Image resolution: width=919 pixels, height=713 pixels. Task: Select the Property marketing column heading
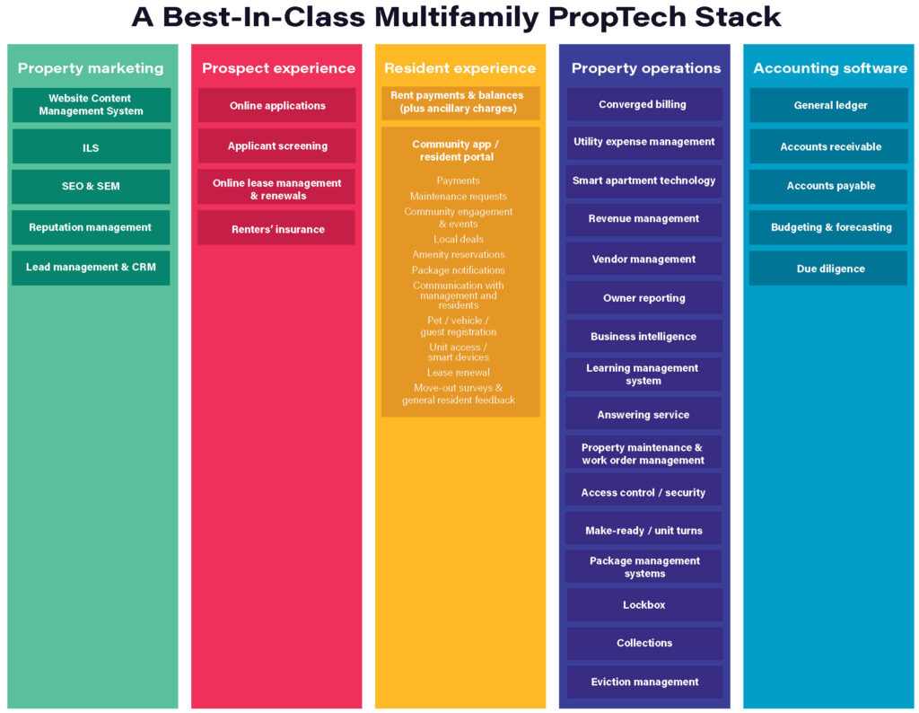coord(91,68)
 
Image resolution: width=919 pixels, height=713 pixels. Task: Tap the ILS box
coord(92,146)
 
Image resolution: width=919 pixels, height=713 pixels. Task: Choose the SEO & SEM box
coord(91,187)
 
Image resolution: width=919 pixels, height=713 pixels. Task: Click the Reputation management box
coord(91,227)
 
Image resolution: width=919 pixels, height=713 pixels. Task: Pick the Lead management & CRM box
coord(91,268)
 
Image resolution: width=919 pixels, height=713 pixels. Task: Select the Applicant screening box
coord(276,146)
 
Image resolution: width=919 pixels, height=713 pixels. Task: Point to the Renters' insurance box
coord(276,228)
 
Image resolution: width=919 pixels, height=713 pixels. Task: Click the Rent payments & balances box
coord(460,102)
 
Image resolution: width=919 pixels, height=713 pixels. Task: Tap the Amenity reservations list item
coord(459,254)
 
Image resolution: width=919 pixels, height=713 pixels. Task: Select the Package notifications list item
coord(459,270)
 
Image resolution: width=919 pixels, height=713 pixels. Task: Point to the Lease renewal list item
coord(459,373)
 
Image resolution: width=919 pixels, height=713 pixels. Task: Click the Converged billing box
coord(644,104)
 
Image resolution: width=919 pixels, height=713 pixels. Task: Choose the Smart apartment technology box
coord(644,180)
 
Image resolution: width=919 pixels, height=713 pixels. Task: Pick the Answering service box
coord(643,414)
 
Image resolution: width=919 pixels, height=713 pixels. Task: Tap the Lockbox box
coord(644,604)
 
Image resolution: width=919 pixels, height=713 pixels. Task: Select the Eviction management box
coord(644,682)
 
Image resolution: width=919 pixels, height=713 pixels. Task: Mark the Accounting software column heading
coord(830,68)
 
